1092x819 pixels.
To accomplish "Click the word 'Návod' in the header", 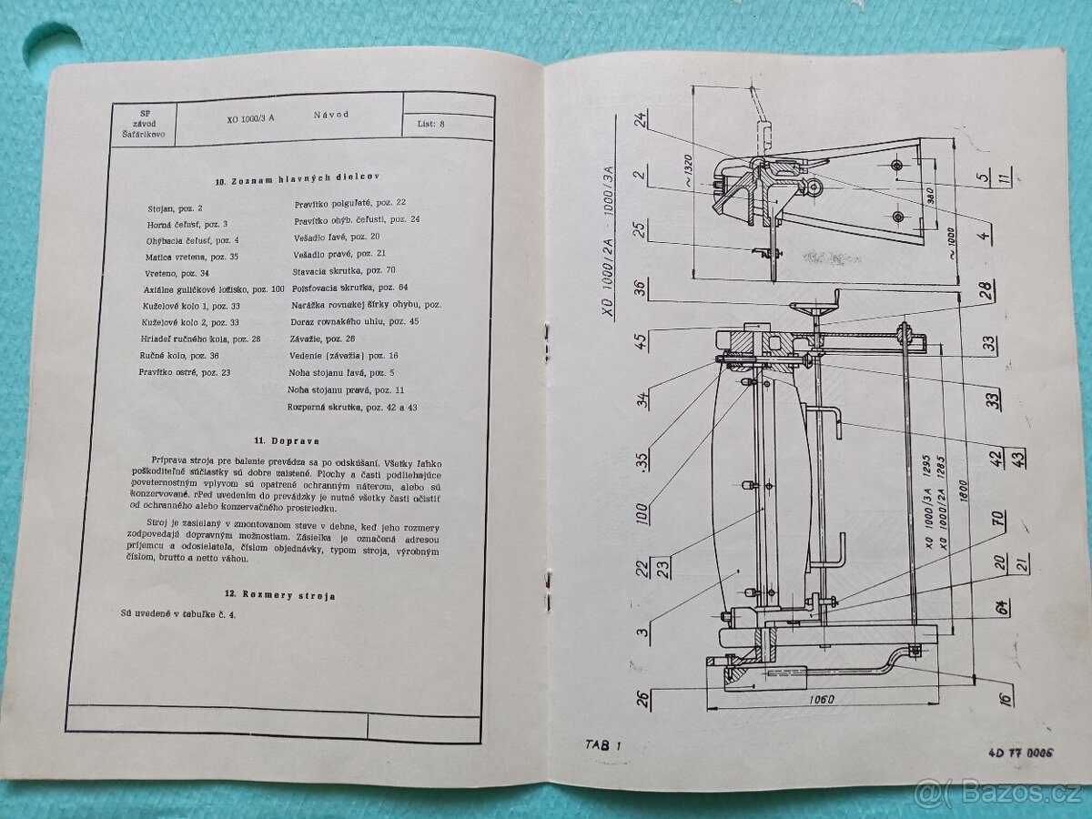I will [331, 116].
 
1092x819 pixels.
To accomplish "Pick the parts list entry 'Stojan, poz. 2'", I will [175, 208].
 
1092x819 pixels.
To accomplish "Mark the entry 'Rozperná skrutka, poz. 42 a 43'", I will [352, 407].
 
